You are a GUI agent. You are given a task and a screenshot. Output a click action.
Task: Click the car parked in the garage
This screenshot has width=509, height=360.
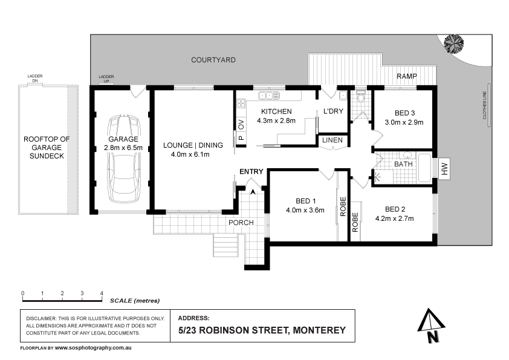pyautogui.click(x=124, y=160)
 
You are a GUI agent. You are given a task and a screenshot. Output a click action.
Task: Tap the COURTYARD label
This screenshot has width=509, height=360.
pyautogui.click(x=213, y=60)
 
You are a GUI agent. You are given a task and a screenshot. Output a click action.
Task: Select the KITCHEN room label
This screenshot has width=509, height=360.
pyautogui.click(x=276, y=111)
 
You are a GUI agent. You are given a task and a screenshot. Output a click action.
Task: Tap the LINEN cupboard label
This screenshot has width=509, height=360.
pyautogui.click(x=332, y=141)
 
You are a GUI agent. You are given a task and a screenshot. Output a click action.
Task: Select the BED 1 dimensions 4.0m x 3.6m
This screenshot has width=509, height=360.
pyautogui.click(x=306, y=211)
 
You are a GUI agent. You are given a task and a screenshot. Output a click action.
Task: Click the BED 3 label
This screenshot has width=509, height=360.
pyautogui.click(x=404, y=113)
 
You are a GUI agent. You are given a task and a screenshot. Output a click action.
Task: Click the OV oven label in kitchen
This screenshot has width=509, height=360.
pyautogui.click(x=241, y=125)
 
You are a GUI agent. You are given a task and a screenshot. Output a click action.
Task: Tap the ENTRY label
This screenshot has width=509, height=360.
pyautogui.click(x=251, y=172)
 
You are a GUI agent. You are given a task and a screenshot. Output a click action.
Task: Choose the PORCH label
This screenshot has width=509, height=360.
pyautogui.click(x=240, y=222)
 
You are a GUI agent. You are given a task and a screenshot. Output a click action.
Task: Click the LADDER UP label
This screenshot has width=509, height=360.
pyautogui.click(x=106, y=79)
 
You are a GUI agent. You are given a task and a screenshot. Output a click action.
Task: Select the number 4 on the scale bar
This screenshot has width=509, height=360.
pyautogui.click(x=101, y=293)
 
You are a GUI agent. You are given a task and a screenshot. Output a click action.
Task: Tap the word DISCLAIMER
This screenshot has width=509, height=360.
pyautogui.click(x=42, y=318)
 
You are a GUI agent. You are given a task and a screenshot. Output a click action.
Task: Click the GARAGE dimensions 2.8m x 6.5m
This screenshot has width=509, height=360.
pyautogui.click(x=123, y=147)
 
